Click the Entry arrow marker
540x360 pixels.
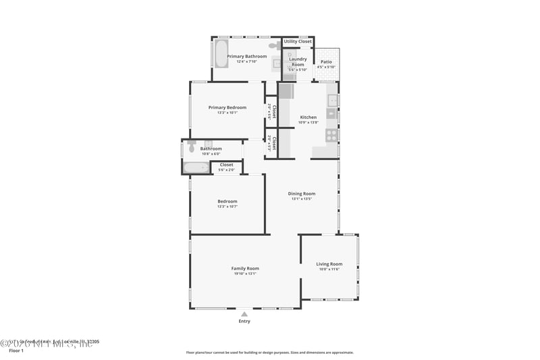244,314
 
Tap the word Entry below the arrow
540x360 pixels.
244,322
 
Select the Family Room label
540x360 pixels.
245,268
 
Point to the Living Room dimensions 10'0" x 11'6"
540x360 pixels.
329,269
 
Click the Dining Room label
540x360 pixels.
303,194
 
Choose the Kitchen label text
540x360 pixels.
308,117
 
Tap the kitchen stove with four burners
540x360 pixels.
331,135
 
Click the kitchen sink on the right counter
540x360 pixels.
332,101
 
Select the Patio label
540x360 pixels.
326,61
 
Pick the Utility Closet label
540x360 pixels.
298,41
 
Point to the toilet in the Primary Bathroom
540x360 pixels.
274,45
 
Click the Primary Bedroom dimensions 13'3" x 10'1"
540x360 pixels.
227,113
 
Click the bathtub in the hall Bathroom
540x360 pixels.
196,168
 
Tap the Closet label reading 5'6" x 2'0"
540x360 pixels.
227,170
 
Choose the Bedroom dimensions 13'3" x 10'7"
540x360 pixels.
227,207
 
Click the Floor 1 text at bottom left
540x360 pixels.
16,351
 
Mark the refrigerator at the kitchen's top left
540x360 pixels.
286,91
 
